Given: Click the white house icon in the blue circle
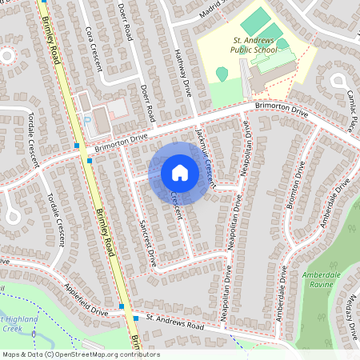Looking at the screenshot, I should coord(180,173).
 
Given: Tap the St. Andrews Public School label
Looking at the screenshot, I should coord(253,44).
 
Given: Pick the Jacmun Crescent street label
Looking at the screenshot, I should coord(206,156).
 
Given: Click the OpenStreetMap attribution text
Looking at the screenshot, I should coord(80,354).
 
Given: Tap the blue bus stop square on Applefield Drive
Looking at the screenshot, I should coord(122,306).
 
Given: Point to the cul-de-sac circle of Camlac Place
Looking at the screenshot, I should coord(339,79).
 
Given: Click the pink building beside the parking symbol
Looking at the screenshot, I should coord(117,107).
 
